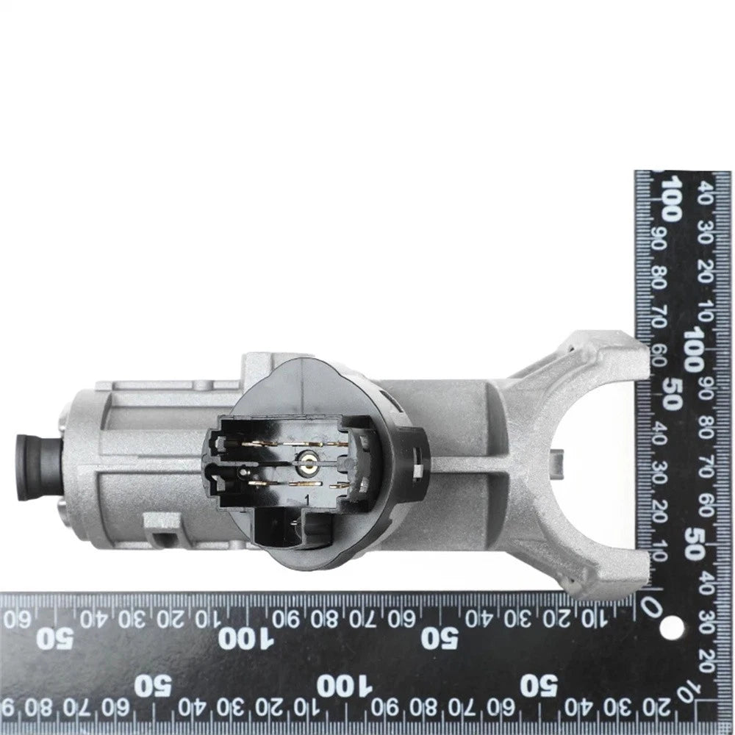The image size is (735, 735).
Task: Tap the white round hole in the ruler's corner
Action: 671,626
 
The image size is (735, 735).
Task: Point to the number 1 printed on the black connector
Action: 307,499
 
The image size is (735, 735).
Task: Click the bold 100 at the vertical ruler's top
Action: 669,198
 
